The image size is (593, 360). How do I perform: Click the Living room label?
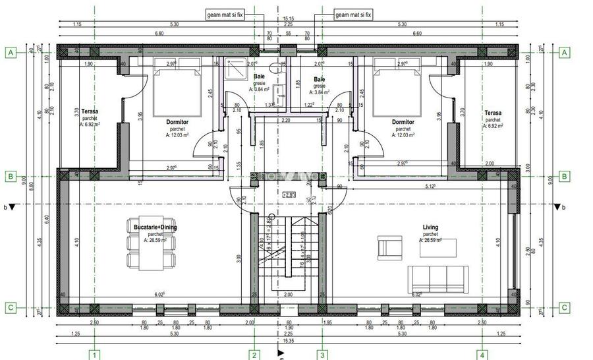coord(430,227)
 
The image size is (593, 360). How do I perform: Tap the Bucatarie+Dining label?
coord(155,227)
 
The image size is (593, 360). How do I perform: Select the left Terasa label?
coord(90,113)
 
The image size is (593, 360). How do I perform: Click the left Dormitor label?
coord(177,122)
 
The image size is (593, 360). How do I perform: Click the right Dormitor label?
coord(403,122)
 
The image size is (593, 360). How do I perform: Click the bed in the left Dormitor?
coord(177,90)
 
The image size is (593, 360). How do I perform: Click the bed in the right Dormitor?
coord(397,90)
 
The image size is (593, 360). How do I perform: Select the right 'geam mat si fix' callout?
coord(354,14)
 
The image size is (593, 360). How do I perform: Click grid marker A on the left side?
coord(10,52)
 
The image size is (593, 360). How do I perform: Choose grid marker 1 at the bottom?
coord(95,355)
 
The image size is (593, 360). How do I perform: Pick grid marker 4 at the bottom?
coord(483,355)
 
